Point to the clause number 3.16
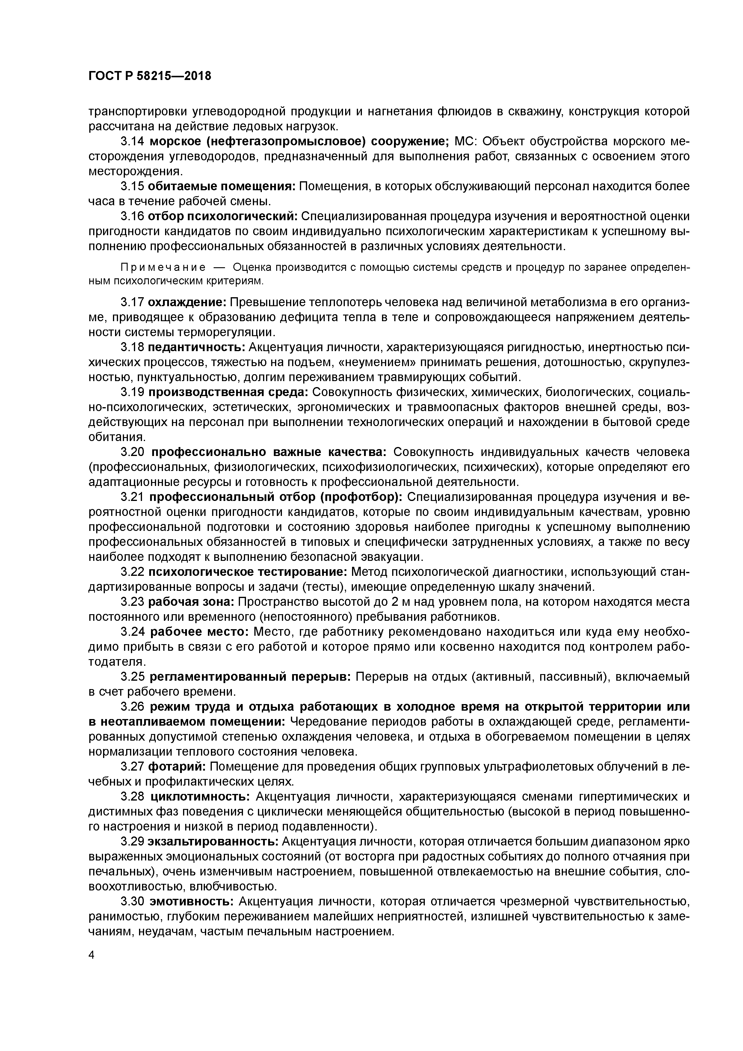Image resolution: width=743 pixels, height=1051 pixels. [133, 216]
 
